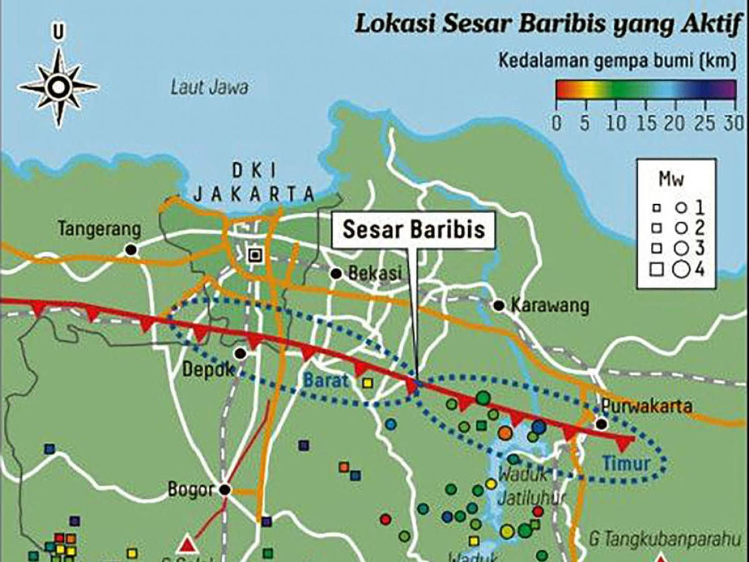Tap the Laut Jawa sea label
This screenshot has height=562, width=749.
click(209, 87)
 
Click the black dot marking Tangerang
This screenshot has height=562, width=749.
click(130, 250)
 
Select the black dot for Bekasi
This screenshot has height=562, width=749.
click(336, 274)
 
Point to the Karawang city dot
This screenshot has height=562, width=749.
click(498, 306)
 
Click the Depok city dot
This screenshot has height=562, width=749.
click(240, 353)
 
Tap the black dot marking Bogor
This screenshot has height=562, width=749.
click(224, 490)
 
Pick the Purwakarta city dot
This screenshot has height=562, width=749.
click(601, 424)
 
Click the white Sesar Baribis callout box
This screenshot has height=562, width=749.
click(414, 229)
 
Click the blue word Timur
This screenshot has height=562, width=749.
click(627, 463)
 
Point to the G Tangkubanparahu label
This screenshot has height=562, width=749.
click(663, 535)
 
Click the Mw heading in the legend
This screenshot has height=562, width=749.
click(671, 180)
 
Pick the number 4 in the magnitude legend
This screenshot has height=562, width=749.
click(700, 270)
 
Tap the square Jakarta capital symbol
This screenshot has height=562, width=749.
click(253, 254)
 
